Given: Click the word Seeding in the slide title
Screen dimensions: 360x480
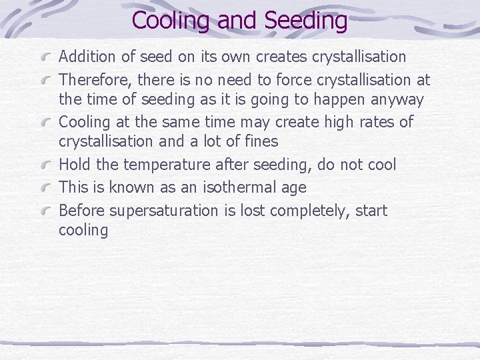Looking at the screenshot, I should tap(306, 21).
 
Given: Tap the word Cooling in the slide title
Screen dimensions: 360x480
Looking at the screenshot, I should tap(171, 21).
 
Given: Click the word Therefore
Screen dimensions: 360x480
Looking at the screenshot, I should tap(95, 80).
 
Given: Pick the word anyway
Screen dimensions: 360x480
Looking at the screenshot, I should tap(399, 100).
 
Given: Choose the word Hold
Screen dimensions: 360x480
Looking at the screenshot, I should tap(74, 165).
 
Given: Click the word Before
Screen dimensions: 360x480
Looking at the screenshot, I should tap(81, 211).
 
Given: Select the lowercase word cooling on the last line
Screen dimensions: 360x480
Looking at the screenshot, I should tap(83, 231).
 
